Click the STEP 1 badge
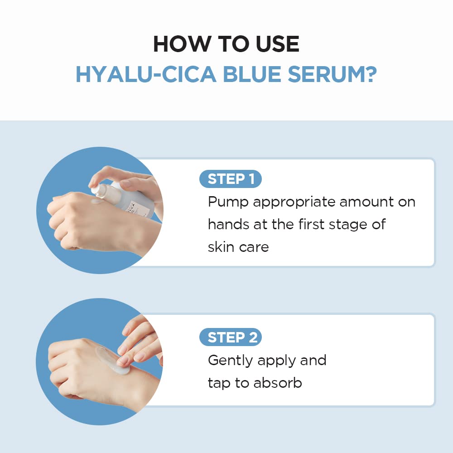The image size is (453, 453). [231, 179]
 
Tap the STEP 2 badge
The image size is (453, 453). [231, 337]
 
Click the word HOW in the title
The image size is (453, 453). [178, 44]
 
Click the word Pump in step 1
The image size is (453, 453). [228, 202]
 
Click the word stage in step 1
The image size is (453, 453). [346, 225]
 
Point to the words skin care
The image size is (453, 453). [238, 247]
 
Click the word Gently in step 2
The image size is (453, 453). [230, 361]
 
